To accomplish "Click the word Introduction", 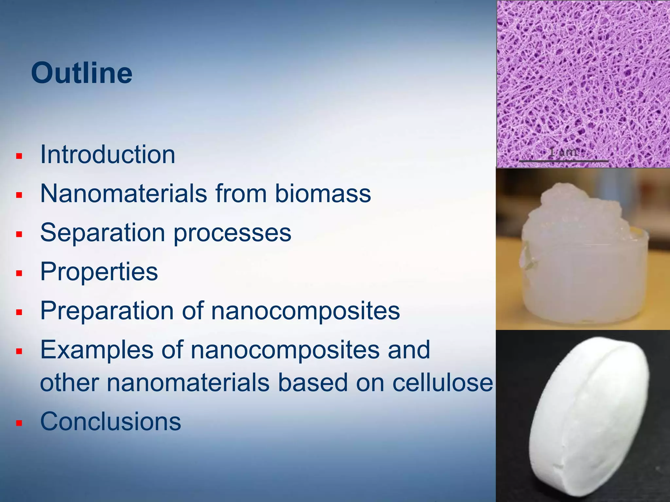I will click(108, 155).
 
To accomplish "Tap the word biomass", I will click(323, 193).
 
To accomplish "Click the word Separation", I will click(102, 233).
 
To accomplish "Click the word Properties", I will click(99, 272).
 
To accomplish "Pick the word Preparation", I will click(107, 311).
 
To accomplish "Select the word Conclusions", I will click(110, 422).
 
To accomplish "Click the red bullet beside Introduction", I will click(19, 156).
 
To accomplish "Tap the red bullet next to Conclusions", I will click(19, 423).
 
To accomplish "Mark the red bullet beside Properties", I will click(19, 273).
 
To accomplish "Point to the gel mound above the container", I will click(576, 209).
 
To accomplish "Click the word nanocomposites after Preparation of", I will click(305, 311).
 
